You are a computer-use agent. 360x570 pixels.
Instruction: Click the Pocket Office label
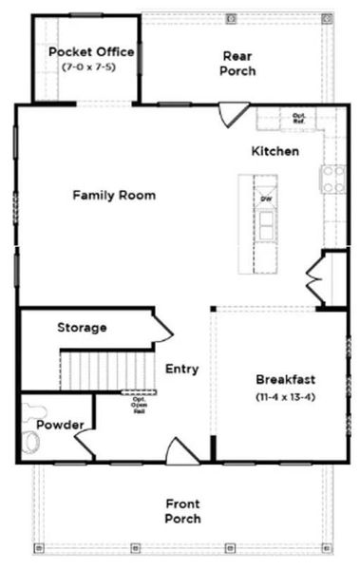(x=90, y=52)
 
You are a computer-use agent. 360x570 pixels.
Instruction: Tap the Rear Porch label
(x=237, y=64)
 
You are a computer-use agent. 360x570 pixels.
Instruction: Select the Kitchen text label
(x=275, y=151)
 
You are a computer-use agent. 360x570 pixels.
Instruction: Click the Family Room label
(x=114, y=195)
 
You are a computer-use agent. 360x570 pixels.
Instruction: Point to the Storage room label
(x=82, y=328)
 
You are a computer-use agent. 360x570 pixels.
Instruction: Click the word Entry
(x=181, y=369)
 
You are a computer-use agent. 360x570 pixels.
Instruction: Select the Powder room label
(x=60, y=424)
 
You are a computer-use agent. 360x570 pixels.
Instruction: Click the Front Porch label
(x=182, y=511)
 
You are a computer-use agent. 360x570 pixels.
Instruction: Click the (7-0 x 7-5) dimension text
(x=90, y=68)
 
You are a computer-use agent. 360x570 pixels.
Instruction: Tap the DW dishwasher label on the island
(x=266, y=198)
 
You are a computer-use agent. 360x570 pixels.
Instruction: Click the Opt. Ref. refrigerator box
(x=299, y=119)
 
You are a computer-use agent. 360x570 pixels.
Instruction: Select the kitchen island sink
(x=267, y=224)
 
